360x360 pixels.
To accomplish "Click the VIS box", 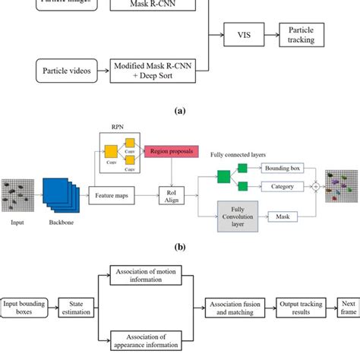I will click(x=242, y=35).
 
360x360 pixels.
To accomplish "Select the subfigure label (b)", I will click(x=179, y=246).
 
